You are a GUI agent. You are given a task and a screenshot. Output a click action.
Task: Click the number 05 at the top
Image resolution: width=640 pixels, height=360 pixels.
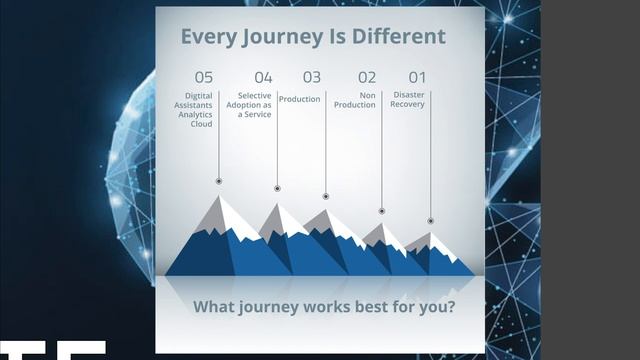point(204,77)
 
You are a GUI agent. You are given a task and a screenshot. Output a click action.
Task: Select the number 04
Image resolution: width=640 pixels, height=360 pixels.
point(263,77)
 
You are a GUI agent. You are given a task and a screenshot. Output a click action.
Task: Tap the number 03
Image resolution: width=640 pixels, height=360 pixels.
point(312,77)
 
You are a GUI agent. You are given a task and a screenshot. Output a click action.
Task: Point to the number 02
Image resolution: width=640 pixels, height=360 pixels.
point(367,77)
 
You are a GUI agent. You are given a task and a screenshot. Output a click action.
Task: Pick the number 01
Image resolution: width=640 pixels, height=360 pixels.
point(417,77)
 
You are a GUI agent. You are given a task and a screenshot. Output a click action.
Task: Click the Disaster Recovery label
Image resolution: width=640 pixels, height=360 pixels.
point(408,99)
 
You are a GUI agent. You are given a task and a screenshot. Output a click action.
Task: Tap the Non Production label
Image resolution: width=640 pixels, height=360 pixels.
point(354,99)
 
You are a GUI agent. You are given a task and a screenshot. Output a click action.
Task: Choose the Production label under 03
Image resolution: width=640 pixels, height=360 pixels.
point(299,99)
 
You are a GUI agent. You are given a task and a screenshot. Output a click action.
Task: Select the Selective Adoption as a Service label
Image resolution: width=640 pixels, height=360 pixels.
point(253,104)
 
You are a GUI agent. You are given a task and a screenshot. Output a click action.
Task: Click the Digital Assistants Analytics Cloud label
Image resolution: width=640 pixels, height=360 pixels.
point(195,109)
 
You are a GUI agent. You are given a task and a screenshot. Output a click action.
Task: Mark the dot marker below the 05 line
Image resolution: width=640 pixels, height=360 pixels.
point(219,182)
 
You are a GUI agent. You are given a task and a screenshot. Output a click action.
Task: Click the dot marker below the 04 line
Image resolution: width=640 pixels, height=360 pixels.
point(277,188)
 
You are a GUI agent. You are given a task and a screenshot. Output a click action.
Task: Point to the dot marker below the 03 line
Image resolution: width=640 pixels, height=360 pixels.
point(325,197)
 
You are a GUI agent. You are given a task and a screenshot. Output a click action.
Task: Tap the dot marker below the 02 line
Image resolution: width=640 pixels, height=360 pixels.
point(381,211)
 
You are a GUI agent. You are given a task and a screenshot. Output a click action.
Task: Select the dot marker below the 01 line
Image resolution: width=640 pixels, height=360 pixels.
point(431,221)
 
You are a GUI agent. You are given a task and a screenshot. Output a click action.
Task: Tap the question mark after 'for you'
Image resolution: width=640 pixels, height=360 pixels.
point(452,306)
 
